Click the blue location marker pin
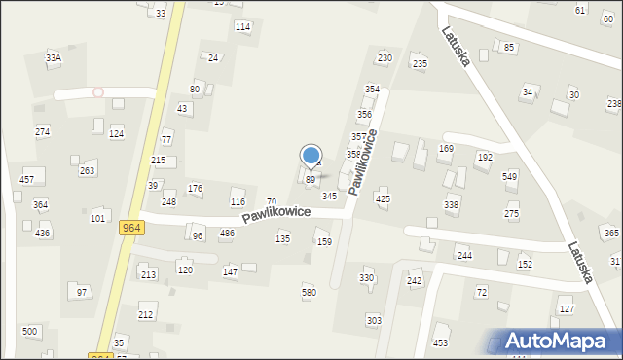point(311,157)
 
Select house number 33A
point(54,58)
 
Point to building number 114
point(243,26)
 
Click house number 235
point(420,64)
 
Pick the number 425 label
point(383,198)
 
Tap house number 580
point(309,292)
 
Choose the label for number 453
point(441,342)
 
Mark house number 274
point(42,131)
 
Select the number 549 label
point(509,176)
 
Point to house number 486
point(227,234)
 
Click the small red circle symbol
point(97,92)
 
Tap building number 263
point(88,170)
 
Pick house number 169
point(446,149)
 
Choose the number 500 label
point(30,332)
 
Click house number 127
point(567,308)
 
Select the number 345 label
point(330,197)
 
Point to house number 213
point(148,275)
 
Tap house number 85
point(508,47)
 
